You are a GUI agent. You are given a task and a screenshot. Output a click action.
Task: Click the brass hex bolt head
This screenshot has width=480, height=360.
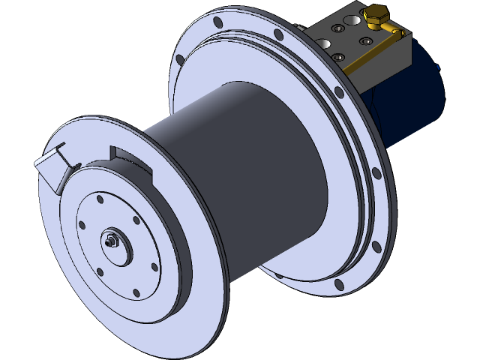(373, 13)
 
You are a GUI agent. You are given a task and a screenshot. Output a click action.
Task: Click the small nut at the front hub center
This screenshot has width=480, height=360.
(112, 241)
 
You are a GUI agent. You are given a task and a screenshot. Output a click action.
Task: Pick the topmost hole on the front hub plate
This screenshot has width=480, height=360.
(100, 199)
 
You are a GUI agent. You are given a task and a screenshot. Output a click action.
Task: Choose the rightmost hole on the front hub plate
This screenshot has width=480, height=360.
(154, 266)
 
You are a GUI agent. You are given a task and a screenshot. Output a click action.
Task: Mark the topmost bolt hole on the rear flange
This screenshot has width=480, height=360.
(217, 23)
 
